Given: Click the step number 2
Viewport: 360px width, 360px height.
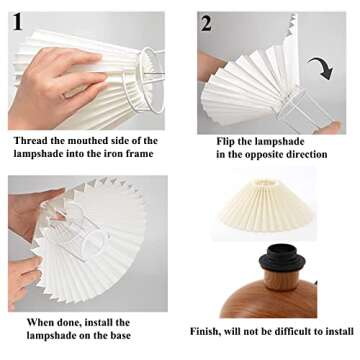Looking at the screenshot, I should (x=206, y=23).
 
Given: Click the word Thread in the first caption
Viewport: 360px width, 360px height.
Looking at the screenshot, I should (x=31, y=140).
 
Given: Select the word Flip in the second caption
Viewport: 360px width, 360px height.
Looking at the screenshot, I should (x=229, y=141).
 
